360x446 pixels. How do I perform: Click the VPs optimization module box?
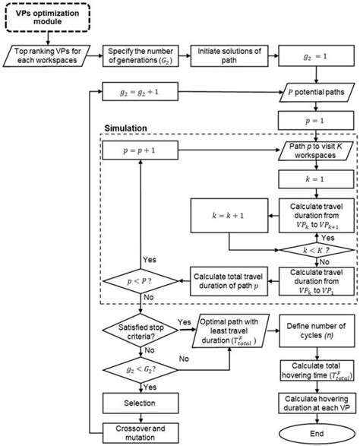pyautogui.click(x=51, y=17)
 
